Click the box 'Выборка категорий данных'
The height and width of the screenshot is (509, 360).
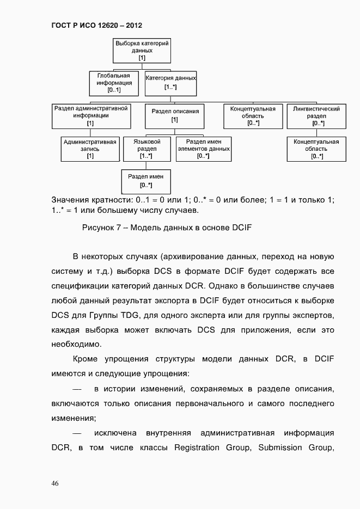coord(142,50)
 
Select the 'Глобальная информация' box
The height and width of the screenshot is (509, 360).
coord(113,83)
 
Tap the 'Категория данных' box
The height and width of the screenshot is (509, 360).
coord(170,83)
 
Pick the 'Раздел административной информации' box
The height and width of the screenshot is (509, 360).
coord(90,116)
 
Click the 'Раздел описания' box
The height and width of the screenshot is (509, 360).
coord(175,116)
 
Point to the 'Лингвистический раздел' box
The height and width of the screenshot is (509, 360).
coord(316,116)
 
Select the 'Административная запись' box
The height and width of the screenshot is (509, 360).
coord(90,149)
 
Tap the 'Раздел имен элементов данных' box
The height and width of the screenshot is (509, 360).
coord(203,149)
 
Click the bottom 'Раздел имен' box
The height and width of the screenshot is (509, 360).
coord(146,181)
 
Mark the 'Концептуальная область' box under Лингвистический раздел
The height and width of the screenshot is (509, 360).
coord(316,149)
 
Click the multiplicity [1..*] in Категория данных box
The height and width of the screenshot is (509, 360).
coord(170,87)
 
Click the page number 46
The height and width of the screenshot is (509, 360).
coord(56,483)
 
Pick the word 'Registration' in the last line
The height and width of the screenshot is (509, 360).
coord(197,447)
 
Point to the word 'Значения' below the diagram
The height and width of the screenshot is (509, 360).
coord(70,200)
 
